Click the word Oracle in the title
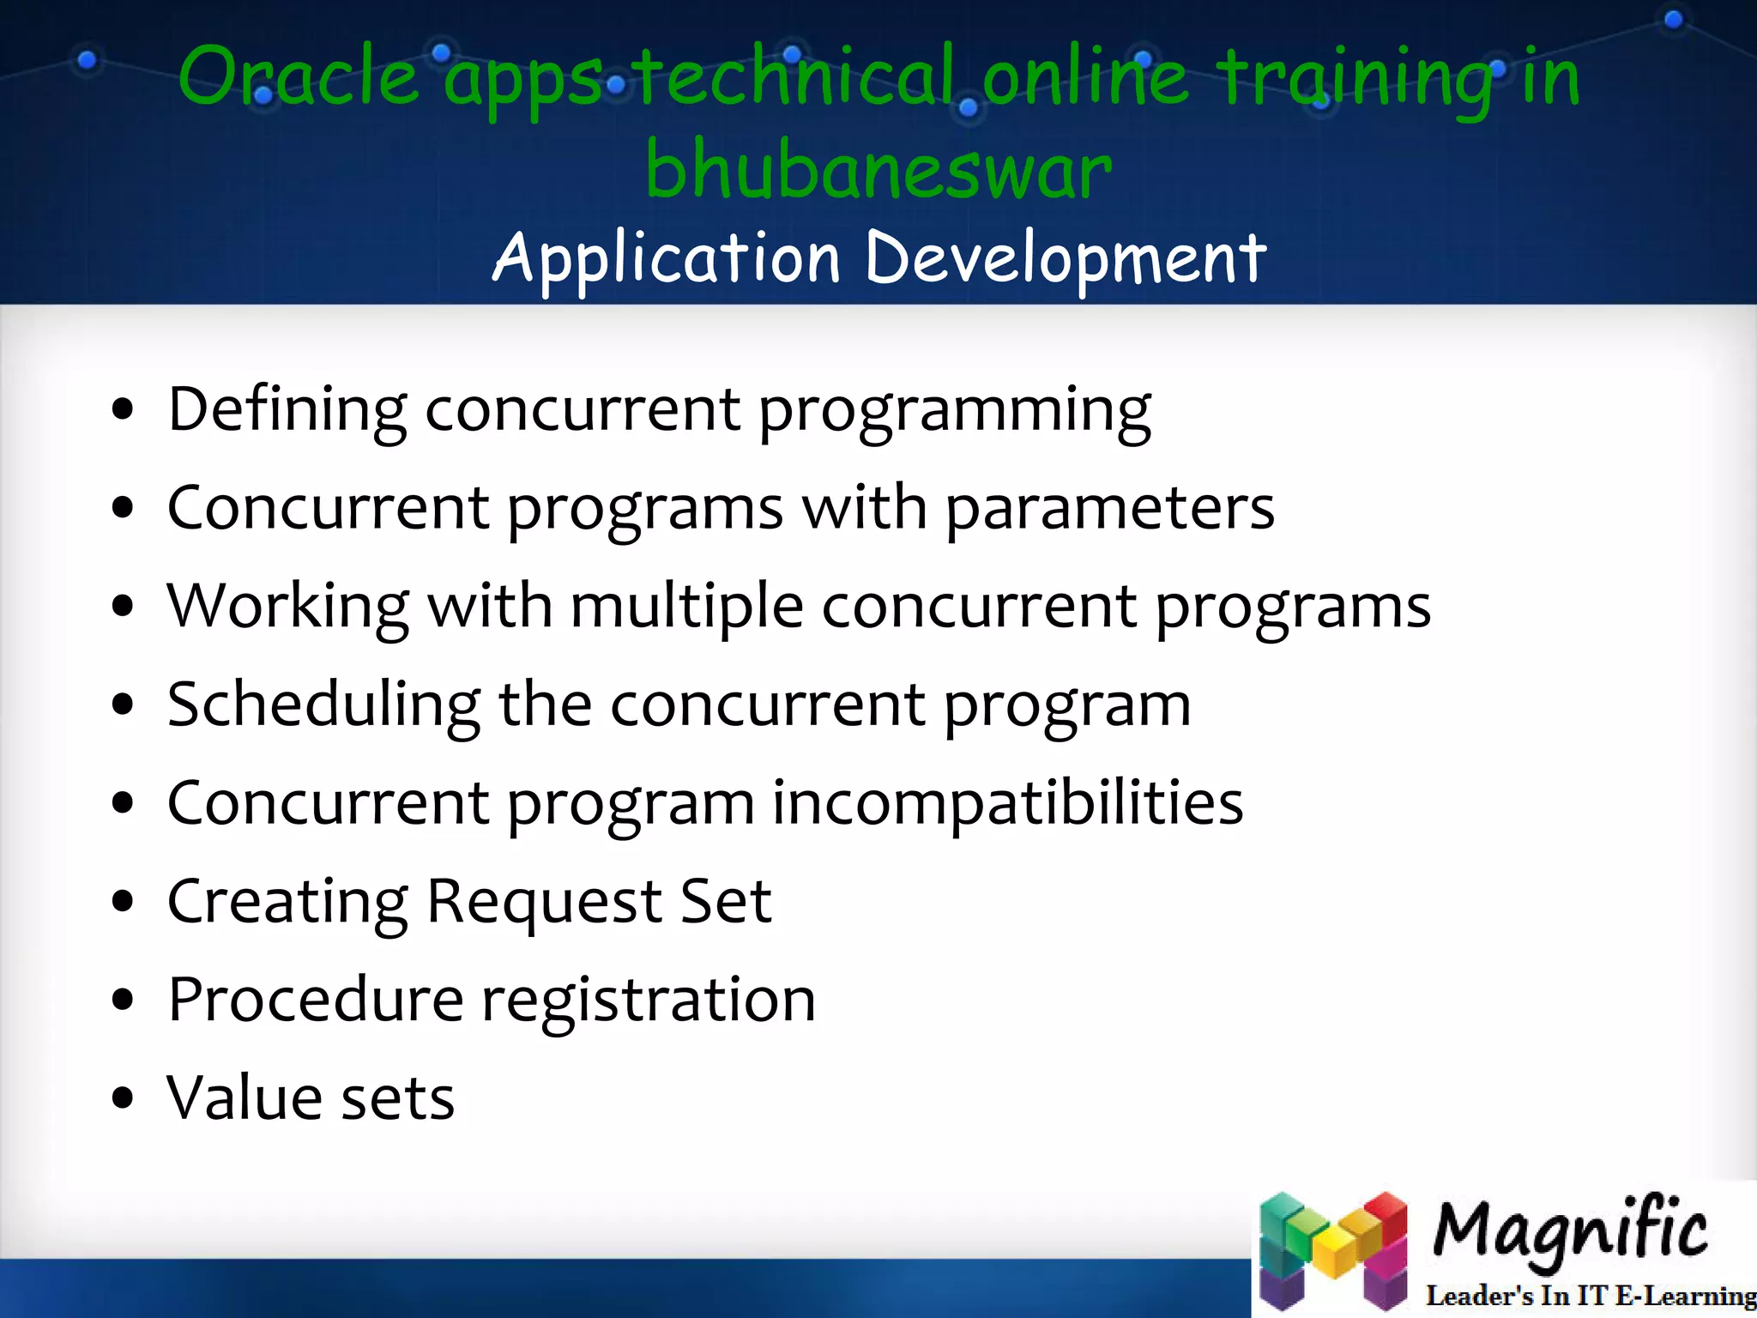click(298, 77)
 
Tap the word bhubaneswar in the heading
click(878, 170)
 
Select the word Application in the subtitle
click(666, 257)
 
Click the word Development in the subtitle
click(1065, 257)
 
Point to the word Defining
click(287, 410)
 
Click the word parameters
click(1109, 508)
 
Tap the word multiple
click(686, 606)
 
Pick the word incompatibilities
click(1007, 803)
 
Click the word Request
click(544, 902)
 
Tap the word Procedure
click(316, 1000)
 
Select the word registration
click(649, 1001)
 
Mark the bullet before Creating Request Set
click(124, 902)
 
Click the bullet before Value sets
click(124, 1098)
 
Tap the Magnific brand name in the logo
click(1569, 1231)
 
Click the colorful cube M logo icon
click(1333, 1250)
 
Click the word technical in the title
click(795, 77)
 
